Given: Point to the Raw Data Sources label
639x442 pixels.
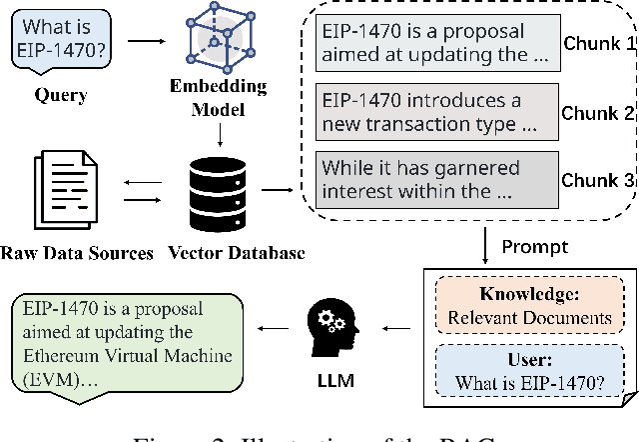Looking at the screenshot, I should [77, 253].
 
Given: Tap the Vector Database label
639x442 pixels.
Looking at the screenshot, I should [231, 253].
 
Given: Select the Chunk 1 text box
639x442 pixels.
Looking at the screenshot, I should [433, 45].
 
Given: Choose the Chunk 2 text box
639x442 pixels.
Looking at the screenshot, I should [433, 113].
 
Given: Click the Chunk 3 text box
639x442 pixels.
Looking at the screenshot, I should [433, 177].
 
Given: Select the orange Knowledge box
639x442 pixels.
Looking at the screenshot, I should [531, 307].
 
